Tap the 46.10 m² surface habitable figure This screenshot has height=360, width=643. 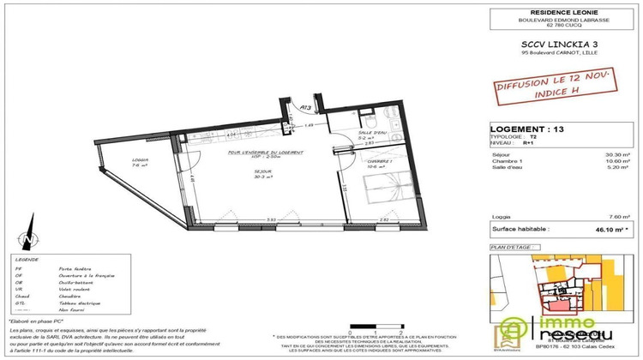[x=610, y=231]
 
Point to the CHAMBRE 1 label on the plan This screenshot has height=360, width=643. [x=378, y=161]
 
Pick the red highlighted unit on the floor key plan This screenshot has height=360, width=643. [x=558, y=303]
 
